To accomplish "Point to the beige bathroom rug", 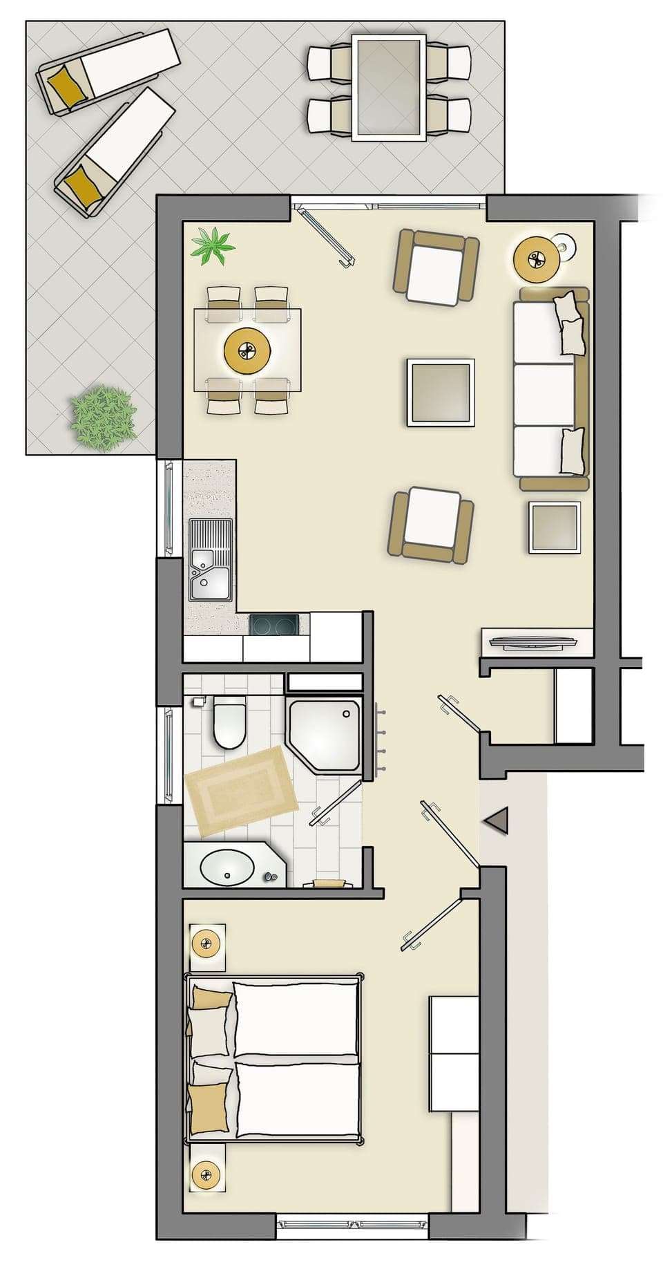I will [x=240, y=791].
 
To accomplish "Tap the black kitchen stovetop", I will [x=274, y=625].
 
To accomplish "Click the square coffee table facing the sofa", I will [x=441, y=392].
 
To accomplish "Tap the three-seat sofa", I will [x=550, y=388].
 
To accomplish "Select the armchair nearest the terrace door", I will [x=435, y=268].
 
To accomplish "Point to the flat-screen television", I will [x=532, y=643].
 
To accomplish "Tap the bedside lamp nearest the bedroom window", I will [x=206, y=1174].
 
